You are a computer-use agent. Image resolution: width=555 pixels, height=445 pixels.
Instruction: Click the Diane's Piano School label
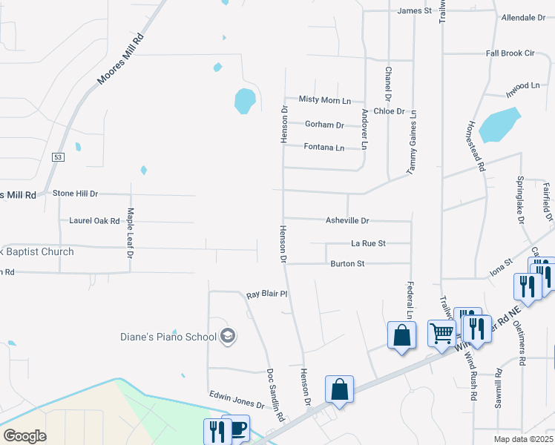169,337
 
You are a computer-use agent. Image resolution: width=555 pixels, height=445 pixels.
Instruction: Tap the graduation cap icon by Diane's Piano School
228,337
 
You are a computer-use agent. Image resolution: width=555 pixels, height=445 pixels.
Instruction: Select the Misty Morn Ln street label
324,99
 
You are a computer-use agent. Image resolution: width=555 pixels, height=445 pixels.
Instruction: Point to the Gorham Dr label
324,125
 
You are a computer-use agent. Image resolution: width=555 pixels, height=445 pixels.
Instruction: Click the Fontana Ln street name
324,148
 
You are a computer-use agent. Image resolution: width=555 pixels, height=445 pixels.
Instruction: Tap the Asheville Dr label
347,221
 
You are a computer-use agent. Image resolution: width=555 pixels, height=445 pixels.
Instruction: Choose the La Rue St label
368,243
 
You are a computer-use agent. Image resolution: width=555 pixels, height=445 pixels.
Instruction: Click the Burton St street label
347,263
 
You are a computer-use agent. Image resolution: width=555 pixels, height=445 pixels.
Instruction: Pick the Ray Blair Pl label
266,294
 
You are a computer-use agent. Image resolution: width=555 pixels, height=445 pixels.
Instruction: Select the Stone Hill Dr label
76,194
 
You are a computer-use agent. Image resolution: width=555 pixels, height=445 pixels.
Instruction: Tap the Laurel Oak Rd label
94,221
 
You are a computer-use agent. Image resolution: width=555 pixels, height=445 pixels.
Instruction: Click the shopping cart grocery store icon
442,334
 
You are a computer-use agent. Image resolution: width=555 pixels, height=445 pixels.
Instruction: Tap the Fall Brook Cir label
510,53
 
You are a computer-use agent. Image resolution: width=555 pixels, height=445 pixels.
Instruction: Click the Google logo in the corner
24,436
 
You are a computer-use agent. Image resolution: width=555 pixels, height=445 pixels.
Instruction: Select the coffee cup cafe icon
238,429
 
